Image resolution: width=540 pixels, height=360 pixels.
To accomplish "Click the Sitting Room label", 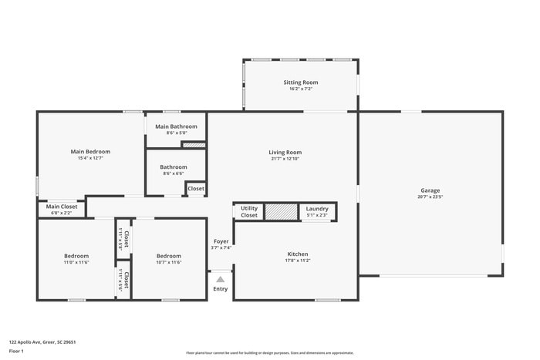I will click(x=300, y=82).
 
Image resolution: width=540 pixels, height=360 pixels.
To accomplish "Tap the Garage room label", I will click(x=430, y=190).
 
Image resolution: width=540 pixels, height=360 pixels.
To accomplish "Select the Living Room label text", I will click(x=285, y=152).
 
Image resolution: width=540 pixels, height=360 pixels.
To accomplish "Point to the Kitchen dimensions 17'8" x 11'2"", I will click(x=298, y=261).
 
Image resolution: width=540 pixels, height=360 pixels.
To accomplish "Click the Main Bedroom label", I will click(x=90, y=151).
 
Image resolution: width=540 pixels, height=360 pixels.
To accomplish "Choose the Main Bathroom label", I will click(x=176, y=126).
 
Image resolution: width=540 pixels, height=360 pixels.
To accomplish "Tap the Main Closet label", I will click(x=62, y=206).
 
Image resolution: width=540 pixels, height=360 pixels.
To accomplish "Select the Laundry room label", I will click(x=317, y=208).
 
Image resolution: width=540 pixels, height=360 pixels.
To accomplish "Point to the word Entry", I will click(x=220, y=289).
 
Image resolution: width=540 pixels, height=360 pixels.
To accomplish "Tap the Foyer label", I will click(x=221, y=241).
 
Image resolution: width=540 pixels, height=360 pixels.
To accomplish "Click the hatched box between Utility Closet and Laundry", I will click(x=281, y=211).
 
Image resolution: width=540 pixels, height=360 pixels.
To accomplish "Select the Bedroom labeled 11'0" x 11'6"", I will click(x=76, y=256).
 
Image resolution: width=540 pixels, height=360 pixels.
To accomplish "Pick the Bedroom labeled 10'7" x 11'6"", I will click(x=169, y=256).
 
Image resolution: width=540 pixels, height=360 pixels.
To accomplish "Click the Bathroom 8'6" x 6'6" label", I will click(x=174, y=167).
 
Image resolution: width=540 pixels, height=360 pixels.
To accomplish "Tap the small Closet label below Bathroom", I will click(x=196, y=188).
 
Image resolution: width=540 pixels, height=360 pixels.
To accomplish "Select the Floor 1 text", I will click(x=16, y=351).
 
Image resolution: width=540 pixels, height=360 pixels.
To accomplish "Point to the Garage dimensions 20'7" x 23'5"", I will click(x=430, y=197).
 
